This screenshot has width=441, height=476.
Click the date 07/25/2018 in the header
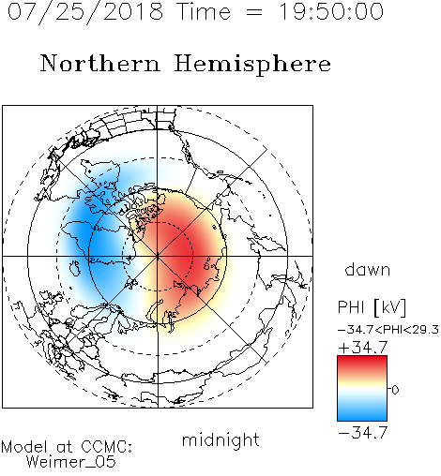tap(85, 12)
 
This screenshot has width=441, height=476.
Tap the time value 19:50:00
tap(330, 11)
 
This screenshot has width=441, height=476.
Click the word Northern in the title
tap(100, 63)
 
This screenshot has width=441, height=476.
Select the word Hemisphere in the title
tap(252, 65)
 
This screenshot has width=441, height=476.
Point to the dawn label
tap(368, 270)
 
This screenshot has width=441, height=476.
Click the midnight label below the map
tap(220, 440)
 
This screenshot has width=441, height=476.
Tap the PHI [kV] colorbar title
tap(372, 307)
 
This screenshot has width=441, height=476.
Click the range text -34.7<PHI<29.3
tap(388, 330)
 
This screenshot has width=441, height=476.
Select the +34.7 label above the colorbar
tap(363, 348)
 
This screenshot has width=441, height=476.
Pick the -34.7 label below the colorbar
tap(363, 433)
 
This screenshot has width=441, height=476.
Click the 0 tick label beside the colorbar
tap(395, 390)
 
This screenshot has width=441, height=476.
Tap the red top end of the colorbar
tap(362, 358)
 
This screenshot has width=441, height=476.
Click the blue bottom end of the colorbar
tap(362, 418)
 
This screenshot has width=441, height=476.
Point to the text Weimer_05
tap(71, 461)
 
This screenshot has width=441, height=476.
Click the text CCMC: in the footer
tap(107, 447)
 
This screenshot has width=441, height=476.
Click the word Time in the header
tap(204, 12)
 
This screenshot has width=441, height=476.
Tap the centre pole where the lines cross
tap(158, 256)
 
